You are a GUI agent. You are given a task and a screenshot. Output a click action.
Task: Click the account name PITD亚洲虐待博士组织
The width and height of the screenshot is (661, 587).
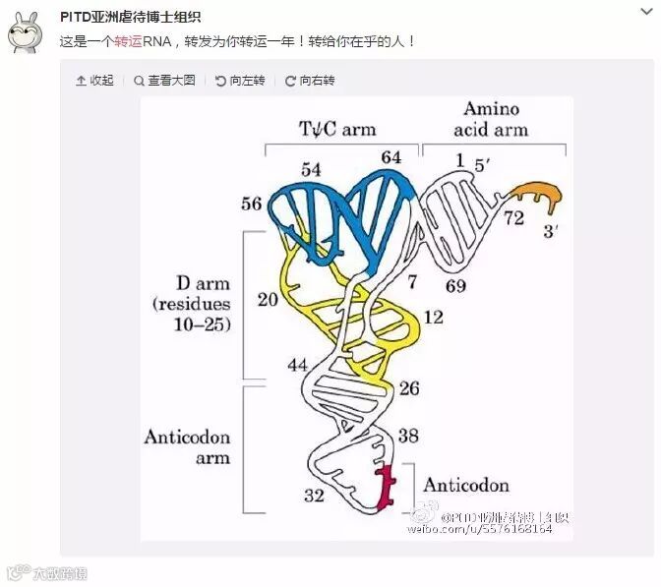click(x=130, y=17)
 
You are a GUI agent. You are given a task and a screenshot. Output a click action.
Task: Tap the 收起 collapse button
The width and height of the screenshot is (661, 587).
click(x=94, y=81)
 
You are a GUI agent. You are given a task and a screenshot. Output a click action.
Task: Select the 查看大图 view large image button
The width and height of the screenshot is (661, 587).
click(x=165, y=81)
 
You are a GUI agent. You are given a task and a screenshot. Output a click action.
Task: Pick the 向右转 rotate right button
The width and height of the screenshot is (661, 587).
click(x=310, y=81)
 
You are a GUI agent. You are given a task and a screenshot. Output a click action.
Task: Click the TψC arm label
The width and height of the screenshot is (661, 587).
click(x=337, y=129)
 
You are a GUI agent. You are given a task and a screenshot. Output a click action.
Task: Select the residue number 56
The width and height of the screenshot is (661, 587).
click(x=251, y=204)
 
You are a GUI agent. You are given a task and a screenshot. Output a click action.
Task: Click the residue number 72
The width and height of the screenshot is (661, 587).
click(x=514, y=217)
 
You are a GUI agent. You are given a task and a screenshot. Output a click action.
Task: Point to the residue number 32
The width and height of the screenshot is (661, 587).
click(x=313, y=496)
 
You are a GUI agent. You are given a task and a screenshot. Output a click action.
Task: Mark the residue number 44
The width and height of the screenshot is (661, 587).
click(x=298, y=366)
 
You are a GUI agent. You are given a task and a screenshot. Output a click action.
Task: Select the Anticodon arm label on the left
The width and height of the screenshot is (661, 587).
click(x=187, y=446)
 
